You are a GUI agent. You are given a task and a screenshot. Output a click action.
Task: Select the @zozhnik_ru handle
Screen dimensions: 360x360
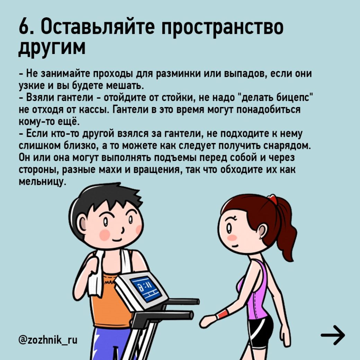pyautogui.click(x=48, y=340)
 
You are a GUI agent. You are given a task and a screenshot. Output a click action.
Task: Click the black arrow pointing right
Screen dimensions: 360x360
pyautogui.click(x=333, y=335)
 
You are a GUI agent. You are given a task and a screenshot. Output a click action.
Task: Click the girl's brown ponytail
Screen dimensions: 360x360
pyautogui.click(x=285, y=229)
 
